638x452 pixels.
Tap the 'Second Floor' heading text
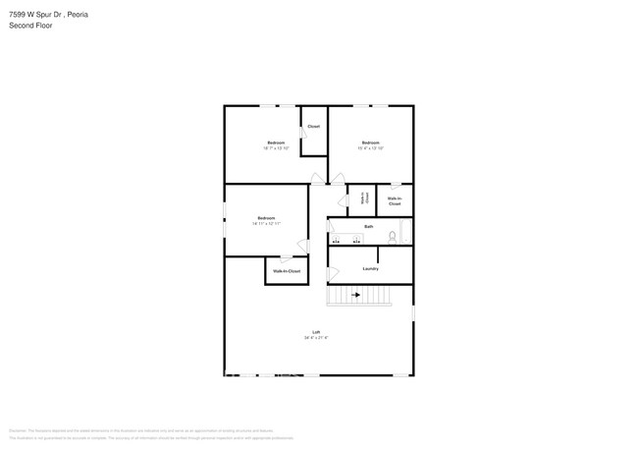click(x=31, y=26)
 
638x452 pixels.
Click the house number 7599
click(x=19, y=15)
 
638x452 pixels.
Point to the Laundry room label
click(x=370, y=268)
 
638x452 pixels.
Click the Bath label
click(x=369, y=227)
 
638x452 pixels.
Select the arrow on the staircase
click(x=355, y=294)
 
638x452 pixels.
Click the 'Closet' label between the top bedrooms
click(x=313, y=127)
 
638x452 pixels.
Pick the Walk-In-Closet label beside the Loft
click(x=287, y=270)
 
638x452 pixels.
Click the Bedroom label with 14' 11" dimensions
click(x=266, y=217)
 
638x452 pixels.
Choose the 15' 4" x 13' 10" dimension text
click(x=370, y=148)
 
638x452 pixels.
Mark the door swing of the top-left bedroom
click(x=316, y=179)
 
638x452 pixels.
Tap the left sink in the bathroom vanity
click(x=336, y=239)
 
